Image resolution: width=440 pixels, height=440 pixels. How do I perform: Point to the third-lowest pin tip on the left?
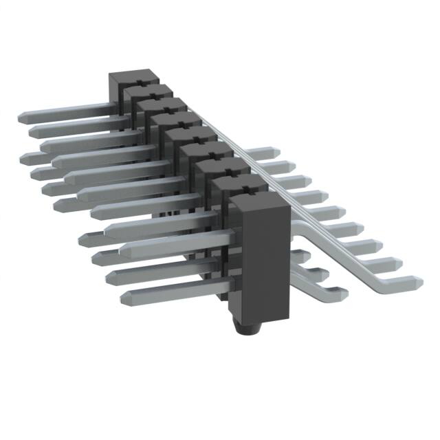97,258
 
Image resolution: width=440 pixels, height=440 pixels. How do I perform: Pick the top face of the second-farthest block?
148,89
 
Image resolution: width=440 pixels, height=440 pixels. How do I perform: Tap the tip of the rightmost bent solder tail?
416,280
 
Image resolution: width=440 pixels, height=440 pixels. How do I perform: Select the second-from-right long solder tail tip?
397,261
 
